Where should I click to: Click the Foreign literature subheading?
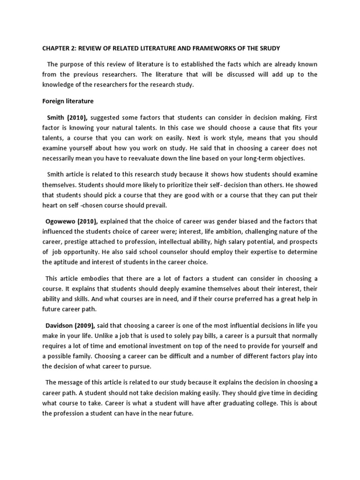67,101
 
